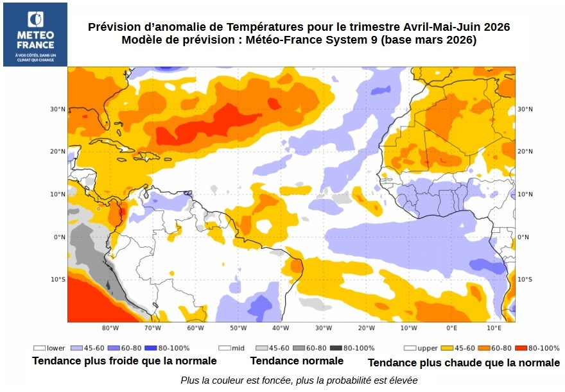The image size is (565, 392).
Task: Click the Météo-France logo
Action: coord(35,34)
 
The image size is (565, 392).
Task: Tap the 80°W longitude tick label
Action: coord(110,328)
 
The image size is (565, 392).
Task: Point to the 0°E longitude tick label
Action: coord(451,328)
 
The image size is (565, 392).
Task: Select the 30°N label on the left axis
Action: coord(58,109)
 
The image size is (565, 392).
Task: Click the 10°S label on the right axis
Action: coord(525,279)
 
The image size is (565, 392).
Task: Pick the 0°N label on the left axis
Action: coord(59,237)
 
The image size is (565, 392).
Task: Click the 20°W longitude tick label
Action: coord(366,328)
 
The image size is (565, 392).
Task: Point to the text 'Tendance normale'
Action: coord(297,361)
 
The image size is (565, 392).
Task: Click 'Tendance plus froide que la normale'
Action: coord(124,361)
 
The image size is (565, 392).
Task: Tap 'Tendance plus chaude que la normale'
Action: coord(464,362)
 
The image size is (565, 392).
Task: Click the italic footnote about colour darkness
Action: coord(299,380)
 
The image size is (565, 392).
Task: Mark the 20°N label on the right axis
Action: coord(525,151)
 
